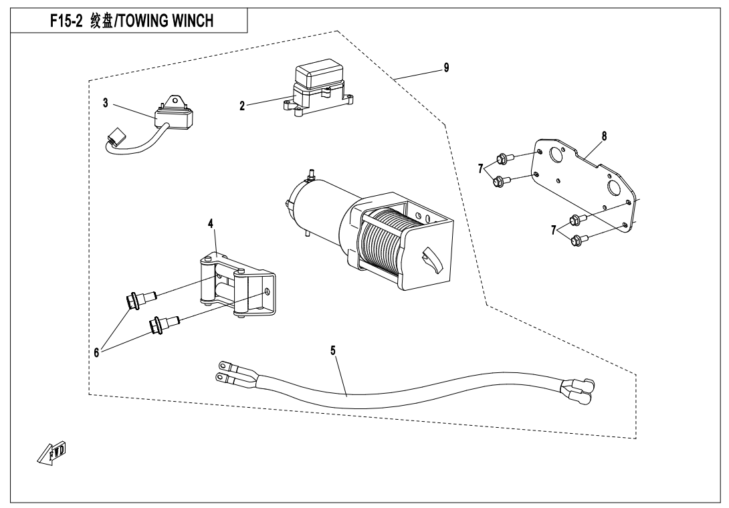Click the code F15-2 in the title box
click(x=68, y=21)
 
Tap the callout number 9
click(x=446, y=68)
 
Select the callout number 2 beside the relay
click(x=242, y=105)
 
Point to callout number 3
click(x=105, y=103)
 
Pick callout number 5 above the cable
click(x=332, y=350)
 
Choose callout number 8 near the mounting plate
click(x=604, y=135)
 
